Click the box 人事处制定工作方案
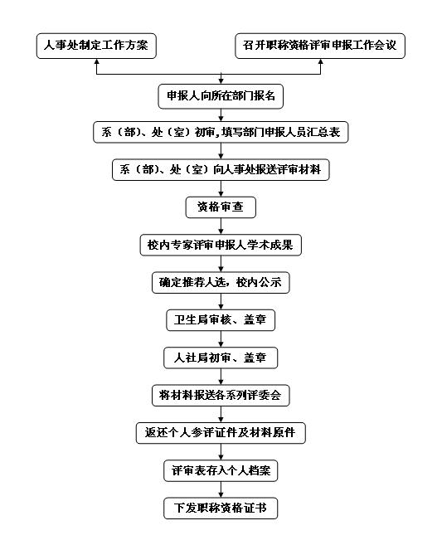pos(96,46)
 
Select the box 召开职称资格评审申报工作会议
pos(320,46)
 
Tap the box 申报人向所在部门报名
pos(221,96)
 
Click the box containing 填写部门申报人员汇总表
pos(221,132)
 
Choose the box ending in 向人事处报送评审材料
pos(221,169)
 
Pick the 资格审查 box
pos(221,207)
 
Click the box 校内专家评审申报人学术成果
pos(221,245)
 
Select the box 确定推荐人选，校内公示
pos(221,283)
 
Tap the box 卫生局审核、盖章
pos(221,320)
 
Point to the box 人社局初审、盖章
pos(221,358)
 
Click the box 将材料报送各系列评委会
pos(221,395)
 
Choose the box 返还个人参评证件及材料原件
pos(221,433)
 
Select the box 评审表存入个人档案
pos(221,470)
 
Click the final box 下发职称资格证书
pos(221,509)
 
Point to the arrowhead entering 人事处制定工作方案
pos(97,61)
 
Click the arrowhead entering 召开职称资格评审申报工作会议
pos(320,61)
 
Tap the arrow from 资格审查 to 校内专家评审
pos(221,226)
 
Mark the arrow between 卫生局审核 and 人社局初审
pos(221,339)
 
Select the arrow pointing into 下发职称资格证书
pos(221,489)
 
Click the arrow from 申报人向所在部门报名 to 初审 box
pos(221,114)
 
